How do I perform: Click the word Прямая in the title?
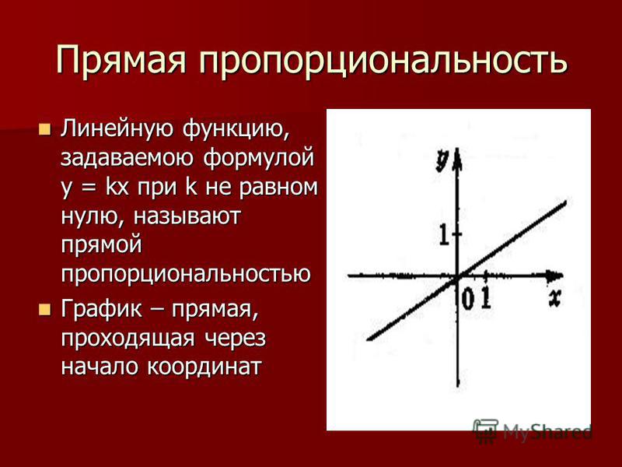(121, 60)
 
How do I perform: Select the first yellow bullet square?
(45, 129)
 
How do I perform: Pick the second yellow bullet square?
(45, 309)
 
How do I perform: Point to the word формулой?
(259, 158)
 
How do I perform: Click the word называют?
(187, 217)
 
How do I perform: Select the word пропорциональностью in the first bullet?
(186, 273)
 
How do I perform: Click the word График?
(101, 309)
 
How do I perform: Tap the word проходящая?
(128, 339)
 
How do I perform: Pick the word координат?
(204, 366)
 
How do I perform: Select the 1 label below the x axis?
(486, 298)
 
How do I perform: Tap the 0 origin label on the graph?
(468, 299)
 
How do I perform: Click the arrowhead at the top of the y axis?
(458, 157)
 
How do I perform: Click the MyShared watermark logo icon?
(486, 431)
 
